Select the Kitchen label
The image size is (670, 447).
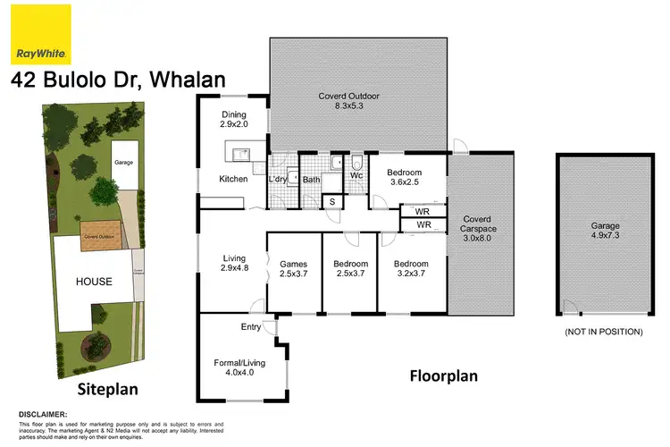pyautogui.click(x=233, y=180)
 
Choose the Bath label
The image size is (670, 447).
pyautogui.click(x=311, y=180)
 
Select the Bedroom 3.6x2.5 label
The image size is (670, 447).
pyautogui.click(x=402, y=178)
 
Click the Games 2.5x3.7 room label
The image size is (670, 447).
pyautogui.click(x=293, y=270)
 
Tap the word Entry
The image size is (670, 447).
pyautogui.click(x=250, y=327)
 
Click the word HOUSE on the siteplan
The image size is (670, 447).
pyautogui.click(x=94, y=282)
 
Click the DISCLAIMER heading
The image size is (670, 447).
pyautogui.click(x=44, y=414)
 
